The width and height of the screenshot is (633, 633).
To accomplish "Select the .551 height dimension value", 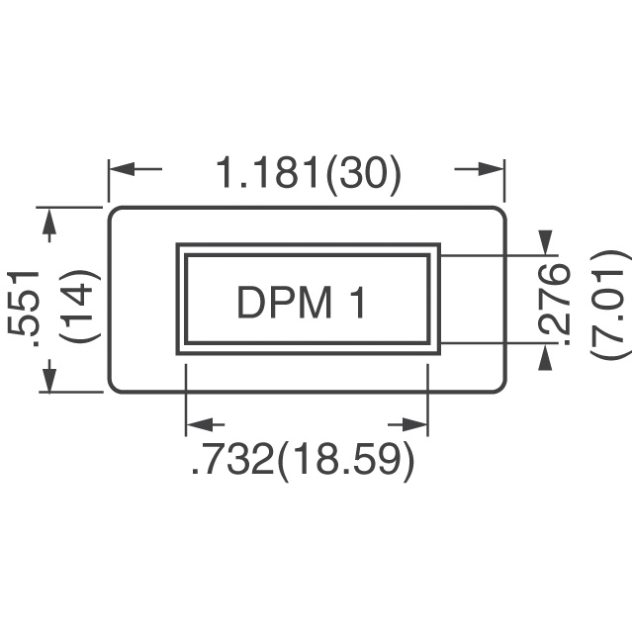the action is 24,310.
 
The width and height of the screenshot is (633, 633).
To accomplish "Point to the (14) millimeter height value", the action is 79,306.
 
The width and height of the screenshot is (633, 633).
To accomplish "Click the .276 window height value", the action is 554,305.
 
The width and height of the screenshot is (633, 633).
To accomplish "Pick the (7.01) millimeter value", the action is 610,305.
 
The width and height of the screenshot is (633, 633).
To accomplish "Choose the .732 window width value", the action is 233,461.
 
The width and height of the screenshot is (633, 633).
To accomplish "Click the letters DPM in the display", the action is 284,303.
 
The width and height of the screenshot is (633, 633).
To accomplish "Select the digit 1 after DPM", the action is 358,303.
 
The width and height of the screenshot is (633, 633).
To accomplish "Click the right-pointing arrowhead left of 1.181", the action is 121,169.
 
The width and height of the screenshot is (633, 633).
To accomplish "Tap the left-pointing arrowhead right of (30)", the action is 492,169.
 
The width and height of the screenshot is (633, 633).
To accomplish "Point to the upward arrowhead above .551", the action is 49,221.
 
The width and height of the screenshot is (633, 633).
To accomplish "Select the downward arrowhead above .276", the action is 546,242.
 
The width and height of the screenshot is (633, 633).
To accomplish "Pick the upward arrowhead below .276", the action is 546,356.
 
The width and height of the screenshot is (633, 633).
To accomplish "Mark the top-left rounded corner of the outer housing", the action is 112,211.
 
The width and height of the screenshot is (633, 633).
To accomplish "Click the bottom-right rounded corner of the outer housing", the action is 502,389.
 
